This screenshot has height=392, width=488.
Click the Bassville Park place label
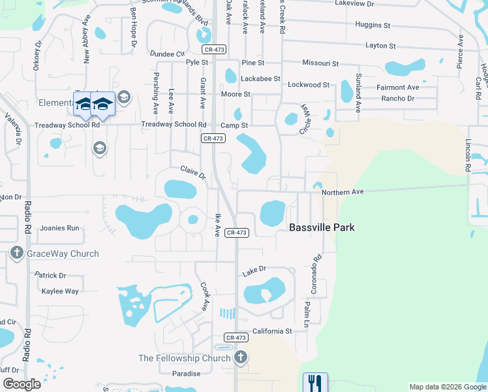(x=322, y=227)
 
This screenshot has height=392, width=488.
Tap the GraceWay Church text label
(x=63, y=253)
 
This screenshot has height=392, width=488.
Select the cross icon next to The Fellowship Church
(x=241, y=357)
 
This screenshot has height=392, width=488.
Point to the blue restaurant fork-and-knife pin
(x=315, y=382)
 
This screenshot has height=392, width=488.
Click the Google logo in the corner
(x=22, y=384)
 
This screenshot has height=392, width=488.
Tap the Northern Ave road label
(x=341, y=191)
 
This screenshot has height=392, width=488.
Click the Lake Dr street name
(x=254, y=269)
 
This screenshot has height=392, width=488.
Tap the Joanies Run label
(x=59, y=228)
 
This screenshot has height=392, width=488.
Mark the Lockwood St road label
(x=309, y=85)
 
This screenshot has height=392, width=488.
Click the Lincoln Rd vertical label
(x=468, y=155)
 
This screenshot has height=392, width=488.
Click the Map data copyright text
(x=447, y=387)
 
